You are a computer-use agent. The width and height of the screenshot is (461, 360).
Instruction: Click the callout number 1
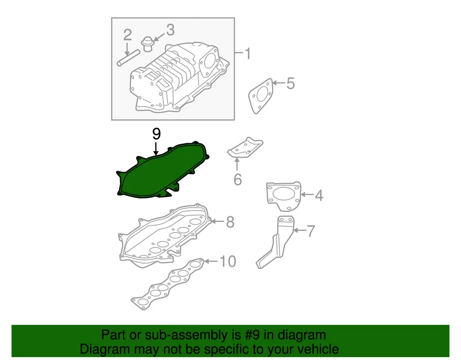pyautogui.click(x=247, y=53)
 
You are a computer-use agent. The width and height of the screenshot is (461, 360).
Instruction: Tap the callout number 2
pyautogui.click(x=127, y=35)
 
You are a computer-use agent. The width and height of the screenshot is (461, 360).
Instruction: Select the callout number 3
pyautogui.click(x=170, y=30)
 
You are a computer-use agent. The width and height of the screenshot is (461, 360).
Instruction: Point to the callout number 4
pyautogui.click(x=319, y=196)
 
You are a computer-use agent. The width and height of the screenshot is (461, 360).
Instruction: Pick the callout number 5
pyautogui.click(x=290, y=84)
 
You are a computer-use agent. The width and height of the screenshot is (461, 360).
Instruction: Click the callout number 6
pyautogui.click(x=237, y=180)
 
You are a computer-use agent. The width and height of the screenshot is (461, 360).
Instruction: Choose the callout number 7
pyautogui.click(x=311, y=231)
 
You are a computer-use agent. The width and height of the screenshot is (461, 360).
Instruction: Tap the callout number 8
pyautogui.click(x=230, y=222)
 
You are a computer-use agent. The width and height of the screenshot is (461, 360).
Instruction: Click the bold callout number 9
pyautogui.click(x=156, y=134)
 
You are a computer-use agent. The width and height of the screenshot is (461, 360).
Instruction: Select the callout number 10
pyautogui.click(x=228, y=261)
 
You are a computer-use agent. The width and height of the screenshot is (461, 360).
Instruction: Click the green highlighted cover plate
pyautogui.click(x=158, y=173)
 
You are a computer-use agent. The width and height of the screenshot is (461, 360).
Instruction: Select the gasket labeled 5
pyautogui.click(x=261, y=95)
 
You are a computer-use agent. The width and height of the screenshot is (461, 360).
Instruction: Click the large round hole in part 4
pyautogui.click(x=283, y=196)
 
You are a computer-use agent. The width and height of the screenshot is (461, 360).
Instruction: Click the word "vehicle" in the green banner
pyautogui.click(x=314, y=349)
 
